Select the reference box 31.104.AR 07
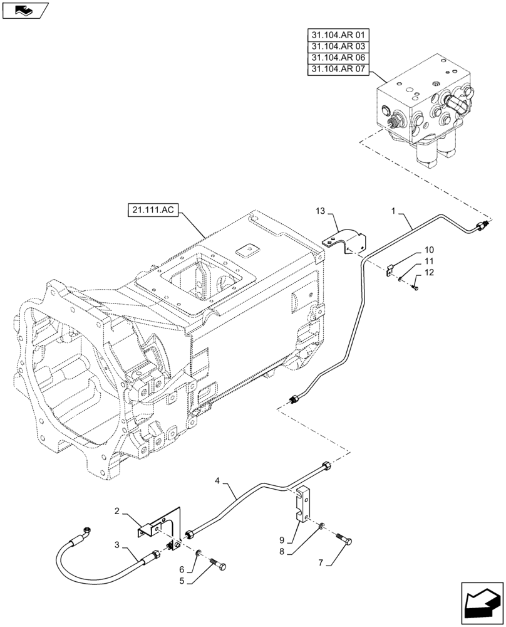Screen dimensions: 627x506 (339, 70)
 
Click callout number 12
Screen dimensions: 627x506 (430, 272)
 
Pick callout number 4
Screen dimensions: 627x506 (217, 481)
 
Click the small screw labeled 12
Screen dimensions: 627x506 (415, 287)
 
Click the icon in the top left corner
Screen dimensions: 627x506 (25, 10)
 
